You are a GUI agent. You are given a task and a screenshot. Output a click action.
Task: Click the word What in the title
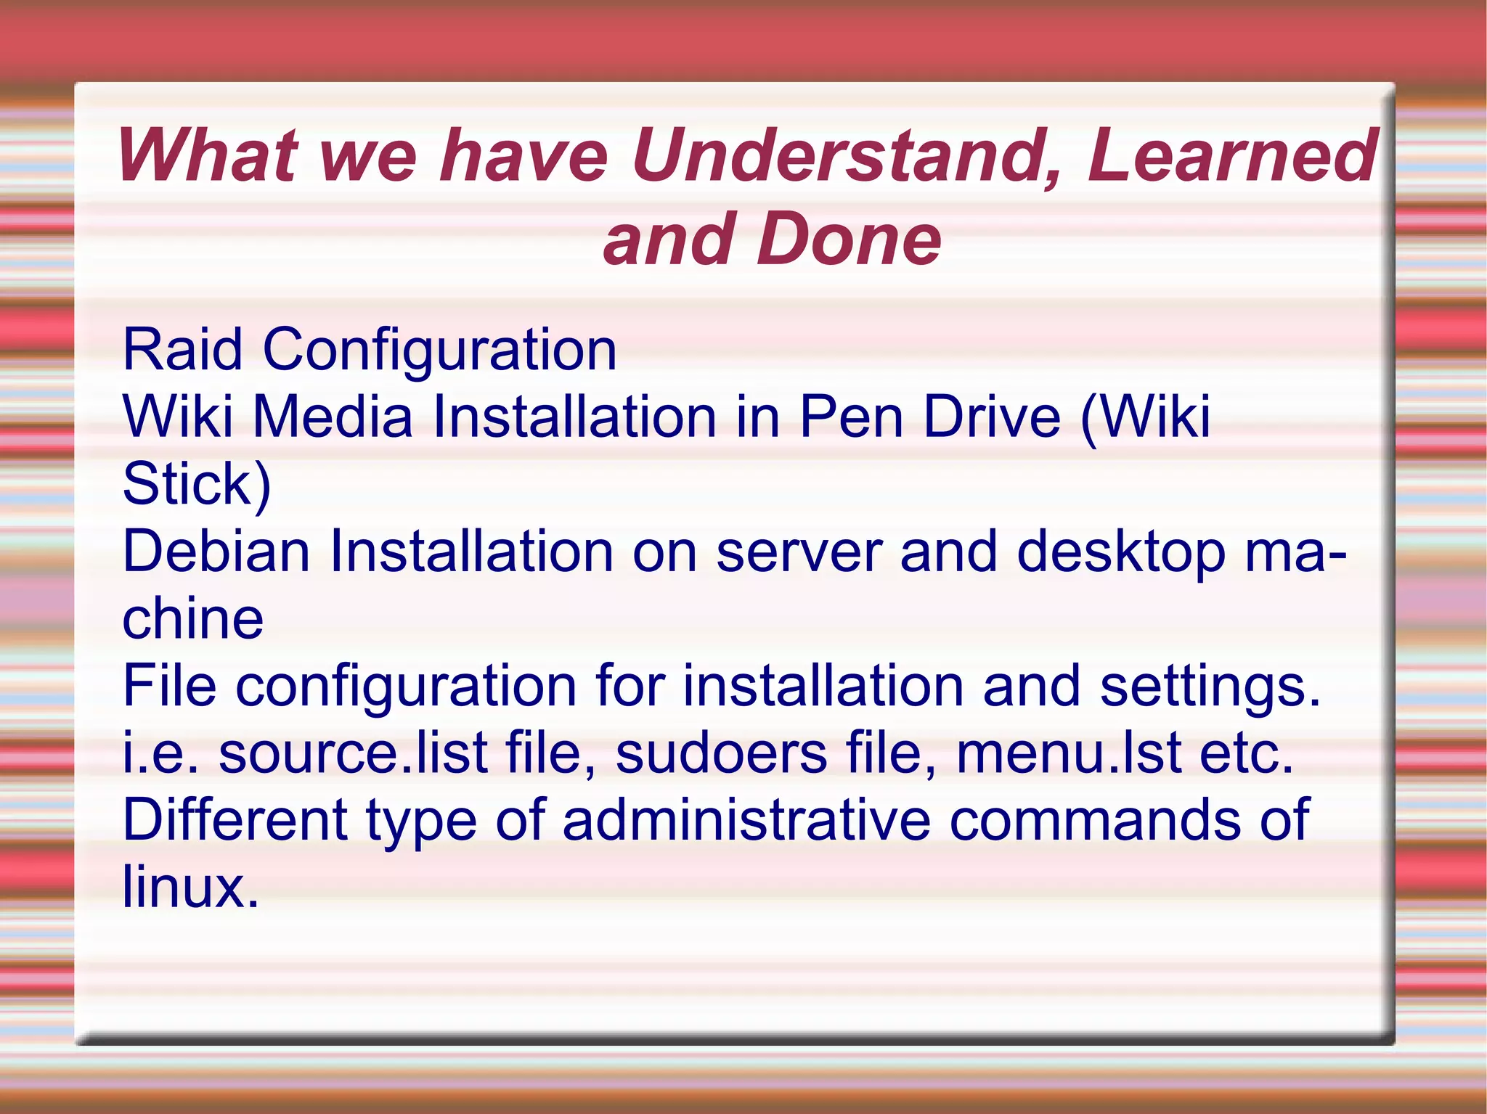coord(206,155)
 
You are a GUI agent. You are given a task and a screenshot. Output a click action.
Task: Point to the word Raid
coord(182,350)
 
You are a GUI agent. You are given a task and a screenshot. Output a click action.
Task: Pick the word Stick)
coord(196,484)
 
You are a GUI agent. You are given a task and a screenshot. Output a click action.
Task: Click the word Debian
coord(216,552)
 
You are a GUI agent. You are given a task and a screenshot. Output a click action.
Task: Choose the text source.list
coord(353,753)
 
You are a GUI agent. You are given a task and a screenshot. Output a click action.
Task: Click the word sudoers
coord(721,753)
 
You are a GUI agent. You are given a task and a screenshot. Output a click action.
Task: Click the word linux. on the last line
coord(190,887)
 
